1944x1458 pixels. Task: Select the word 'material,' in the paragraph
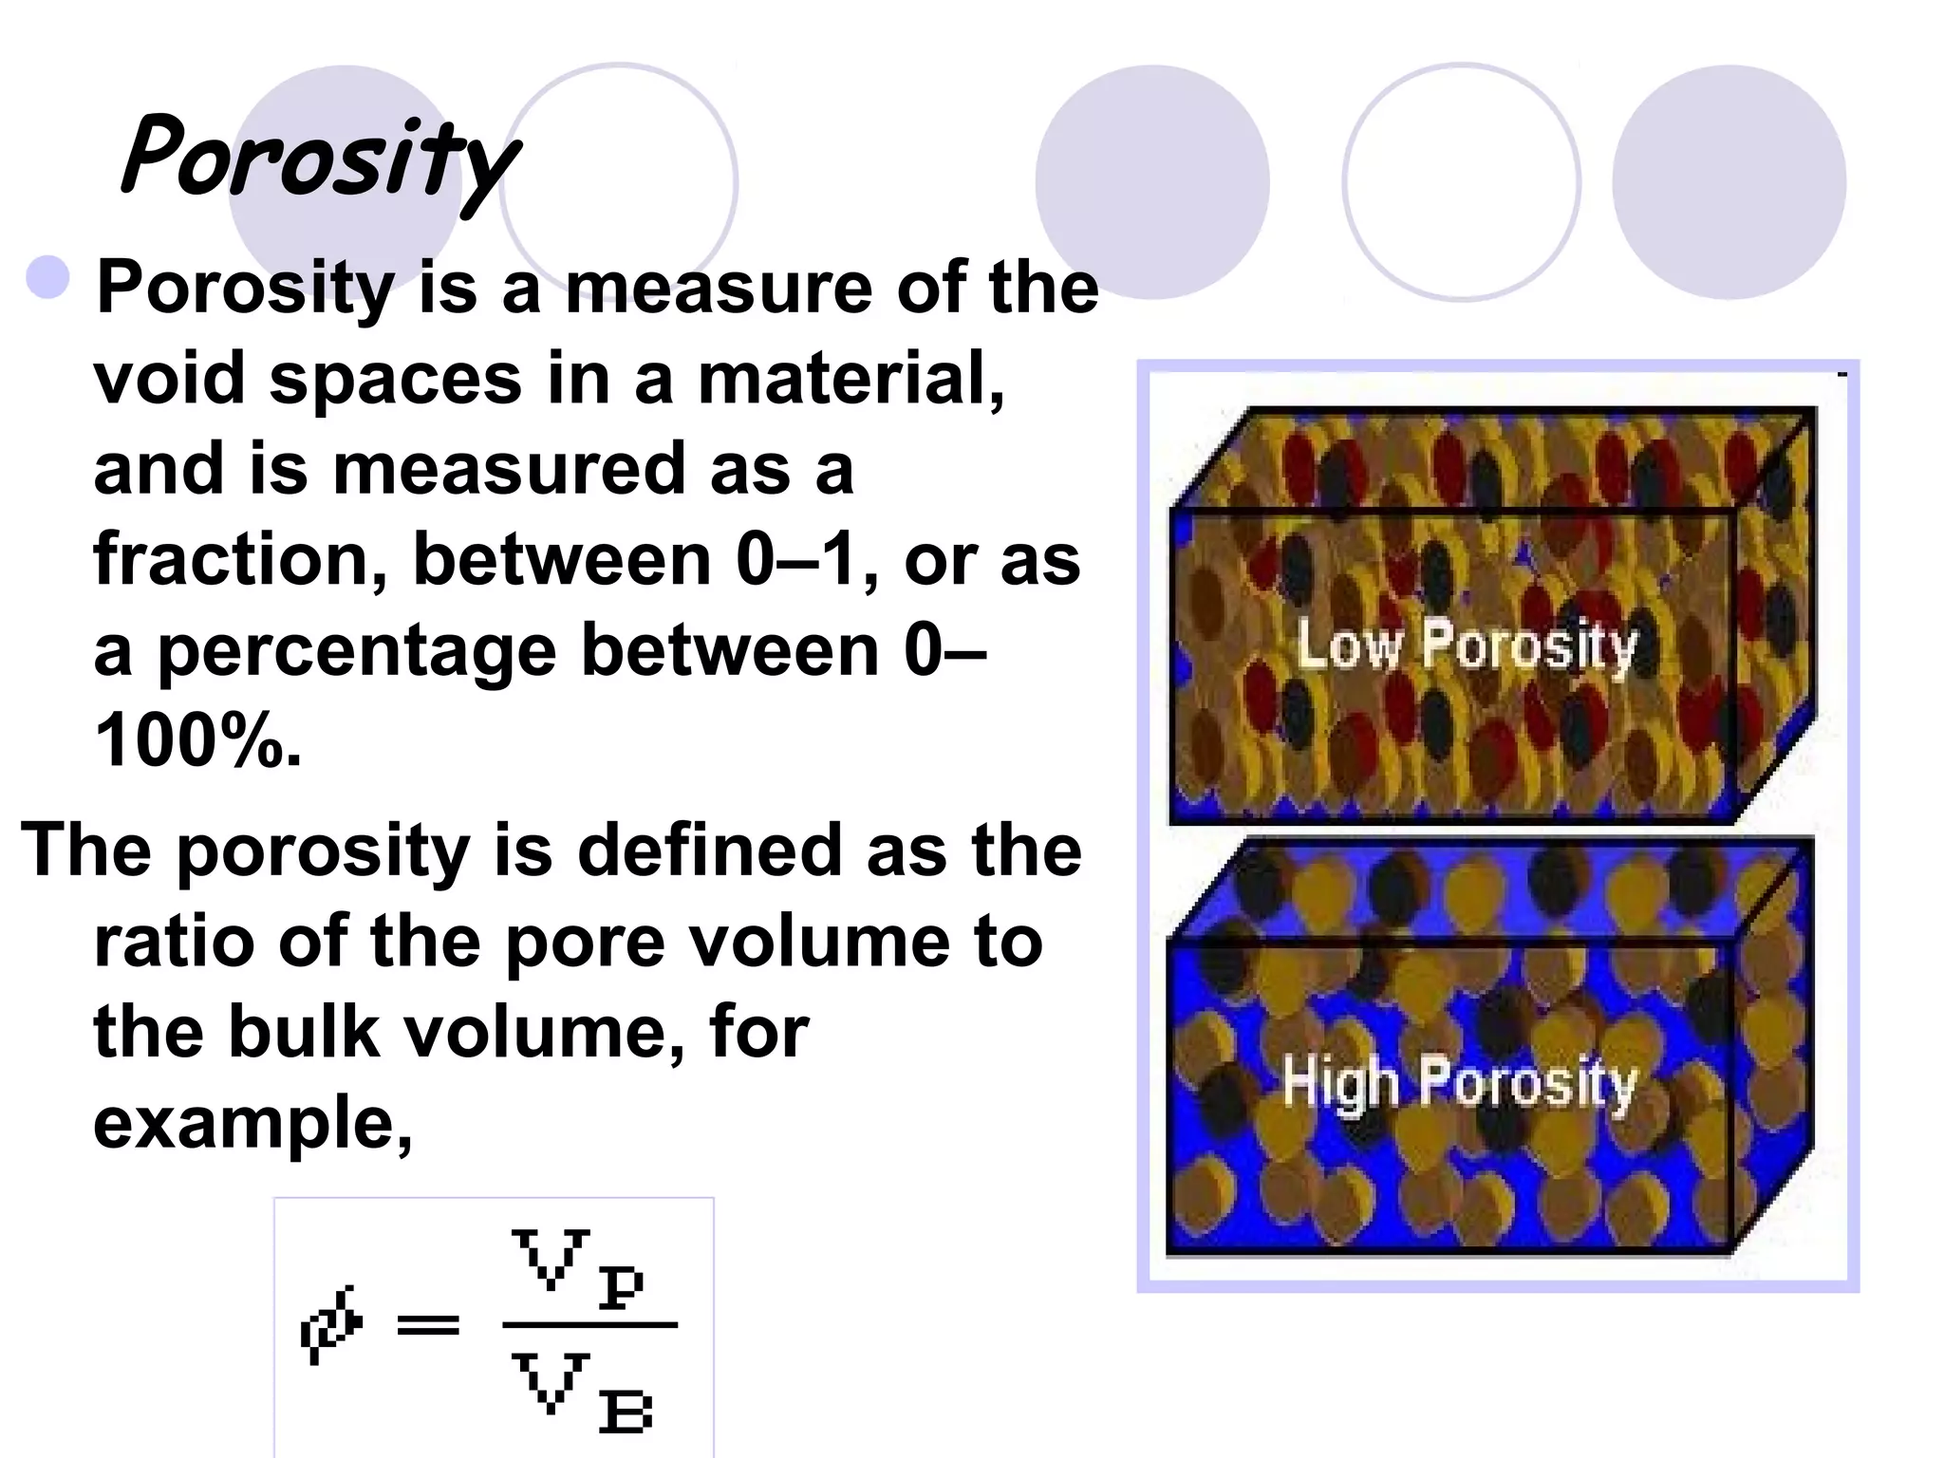pos(850,378)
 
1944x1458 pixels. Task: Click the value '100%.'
pos(197,741)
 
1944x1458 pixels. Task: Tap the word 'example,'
pos(252,1123)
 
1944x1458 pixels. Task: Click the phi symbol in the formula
pos(331,1325)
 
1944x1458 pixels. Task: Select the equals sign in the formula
pos(428,1325)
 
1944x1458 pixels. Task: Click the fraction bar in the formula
pos(589,1325)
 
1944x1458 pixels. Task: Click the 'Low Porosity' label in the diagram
pos(1467,645)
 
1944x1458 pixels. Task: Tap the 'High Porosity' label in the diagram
pos(1459,1082)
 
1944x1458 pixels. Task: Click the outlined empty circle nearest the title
pos(619,180)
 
